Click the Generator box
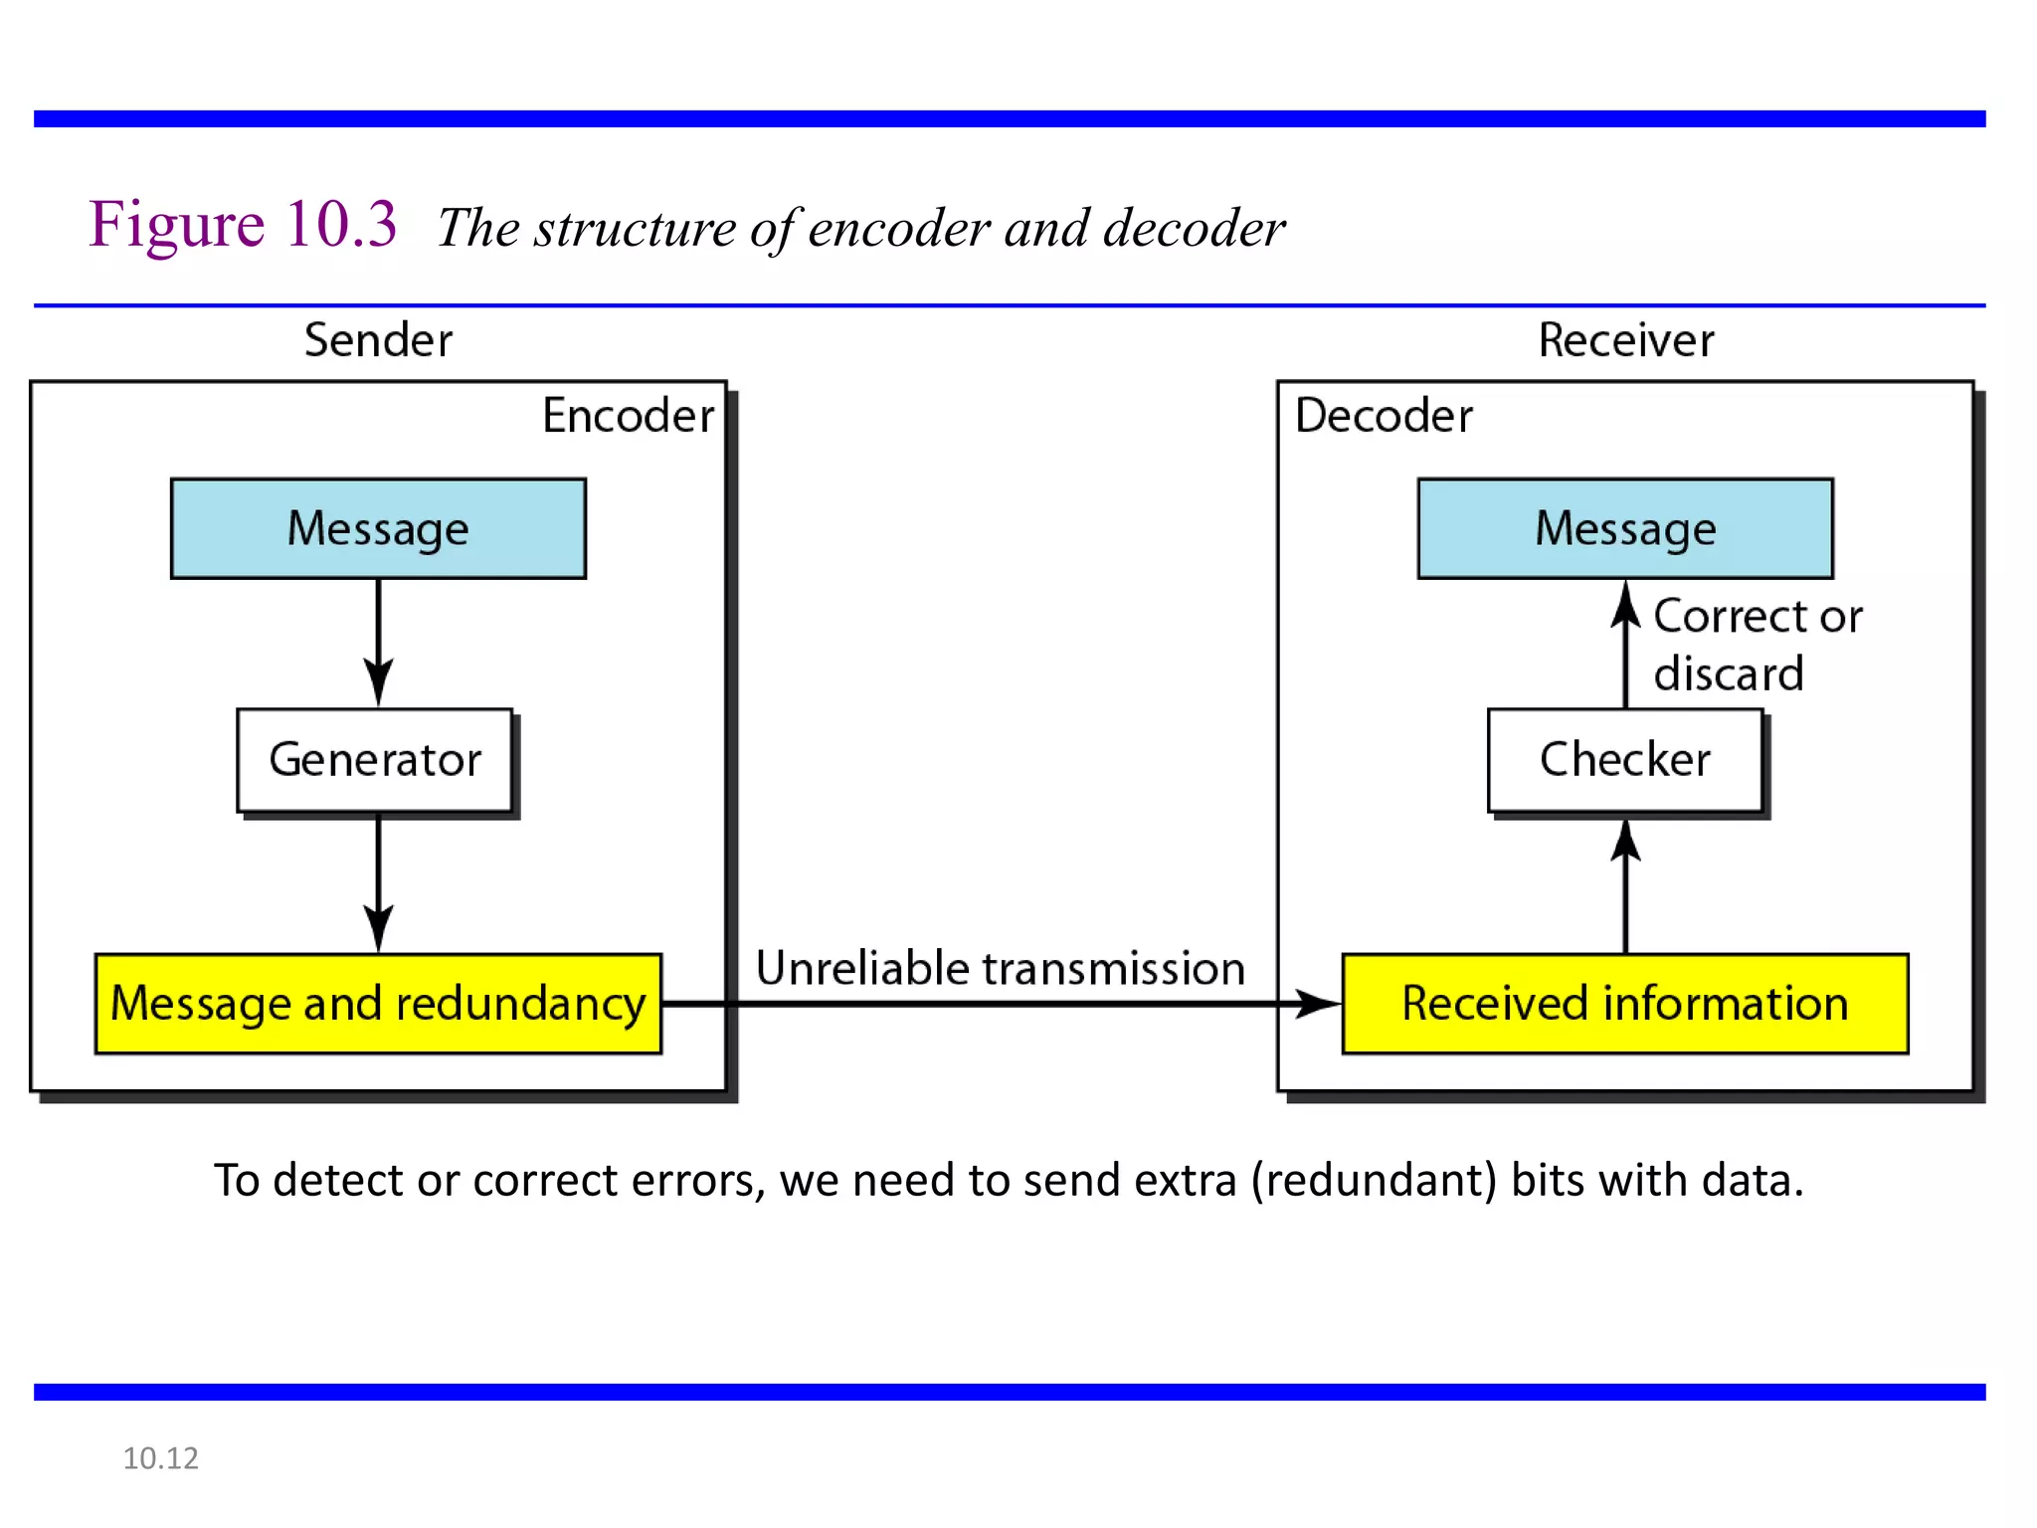click(375, 760)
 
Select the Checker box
click(1624, 760)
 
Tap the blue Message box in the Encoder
click(378, 528)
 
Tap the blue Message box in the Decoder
click(1625, 528)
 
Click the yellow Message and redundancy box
click(378, 1003)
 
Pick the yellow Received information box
click(1624, 1003)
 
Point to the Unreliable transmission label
click(1000, 968)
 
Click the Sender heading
click(378, 340)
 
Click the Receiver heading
click(1625, 340)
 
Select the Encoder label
click(628, 416)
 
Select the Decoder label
click(1384, 416)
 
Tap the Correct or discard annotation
click(1756, 645)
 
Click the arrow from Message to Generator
click(378, 642)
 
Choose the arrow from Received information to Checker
click(1625, 885)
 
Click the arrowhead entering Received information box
click(1319, 1004)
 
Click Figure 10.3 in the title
click(243, 224)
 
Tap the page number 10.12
click(160, 1458)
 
